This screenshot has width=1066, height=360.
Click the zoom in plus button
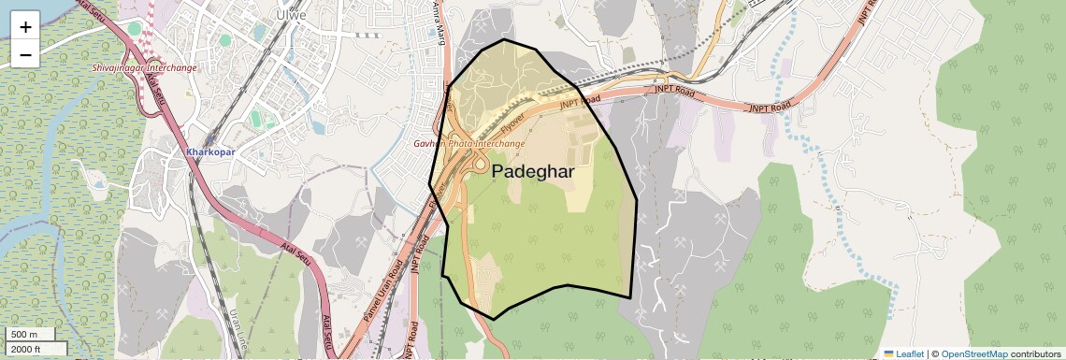pyautogui.click(x=25, y=27)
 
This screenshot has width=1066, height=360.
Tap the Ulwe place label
pyautogui.click(x=286, y=15)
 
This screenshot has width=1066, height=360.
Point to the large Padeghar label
pyautogui.click(x=532, y=172)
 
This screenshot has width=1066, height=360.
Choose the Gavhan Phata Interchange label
pyautogui.click(x=469, y=144)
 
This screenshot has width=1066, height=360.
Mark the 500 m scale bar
pyautogui.click(x=29, y=334)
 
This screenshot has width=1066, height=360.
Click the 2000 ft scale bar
pyautogui.click(x=34, y=349)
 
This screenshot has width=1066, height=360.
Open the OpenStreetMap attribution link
pyautogui.click(x=974, y=353)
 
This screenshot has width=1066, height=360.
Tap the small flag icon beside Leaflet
pyautogui.click(x=888, y=353)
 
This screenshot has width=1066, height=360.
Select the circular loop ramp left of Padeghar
pyautogui.click(x=479, y=166)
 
